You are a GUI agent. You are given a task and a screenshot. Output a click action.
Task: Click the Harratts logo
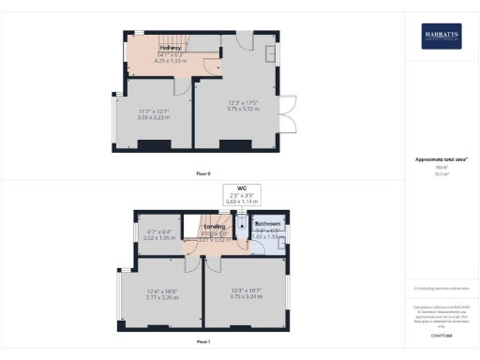coord(441,35)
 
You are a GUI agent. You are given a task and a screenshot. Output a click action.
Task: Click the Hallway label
coord(171,48)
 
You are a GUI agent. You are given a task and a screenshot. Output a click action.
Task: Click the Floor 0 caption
coord(202,174)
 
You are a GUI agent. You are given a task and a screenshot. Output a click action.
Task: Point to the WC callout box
coord(241,194)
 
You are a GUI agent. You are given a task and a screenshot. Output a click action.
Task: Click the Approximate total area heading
coord(440,159)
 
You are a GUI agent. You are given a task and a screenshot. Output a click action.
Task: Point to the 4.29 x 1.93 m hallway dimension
coord(171,59)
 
